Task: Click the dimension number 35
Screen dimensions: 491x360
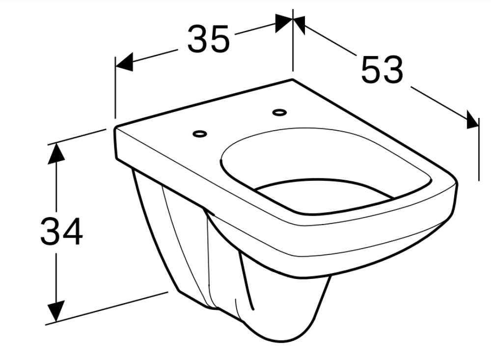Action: pyautogui.click(x=209, y=39)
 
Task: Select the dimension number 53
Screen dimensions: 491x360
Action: pyautogui.click(x=382, y=70)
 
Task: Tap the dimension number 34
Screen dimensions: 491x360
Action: pyautogui.click(x=62, y=231)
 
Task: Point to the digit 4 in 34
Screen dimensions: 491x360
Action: pyautogui.click(x=73, y=231)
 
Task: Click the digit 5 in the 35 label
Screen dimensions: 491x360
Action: pyautogui.click(x=219, y=39)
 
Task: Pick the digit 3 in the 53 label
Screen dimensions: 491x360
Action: pyautogui.click(x=393, y=70)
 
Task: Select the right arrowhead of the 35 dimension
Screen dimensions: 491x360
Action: pyautogui.click(x=284, y=23)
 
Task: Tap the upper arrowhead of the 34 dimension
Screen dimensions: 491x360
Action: pyautogui.click(x=56, y=153)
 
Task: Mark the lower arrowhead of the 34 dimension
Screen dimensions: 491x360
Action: pyautogui.click(x=56, y=311)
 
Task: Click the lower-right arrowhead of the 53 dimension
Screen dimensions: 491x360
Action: pyautogui.click(x=472, y=120)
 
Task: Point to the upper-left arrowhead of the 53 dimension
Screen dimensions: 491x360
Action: pyautogui.click(x=299, y=25)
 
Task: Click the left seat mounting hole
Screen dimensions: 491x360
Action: pyautogui.click(x=200, y=134)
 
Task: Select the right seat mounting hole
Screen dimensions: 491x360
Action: pyautogui.click(x=280, y=112)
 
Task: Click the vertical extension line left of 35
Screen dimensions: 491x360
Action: pyautogui.click(x=115, y=88)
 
